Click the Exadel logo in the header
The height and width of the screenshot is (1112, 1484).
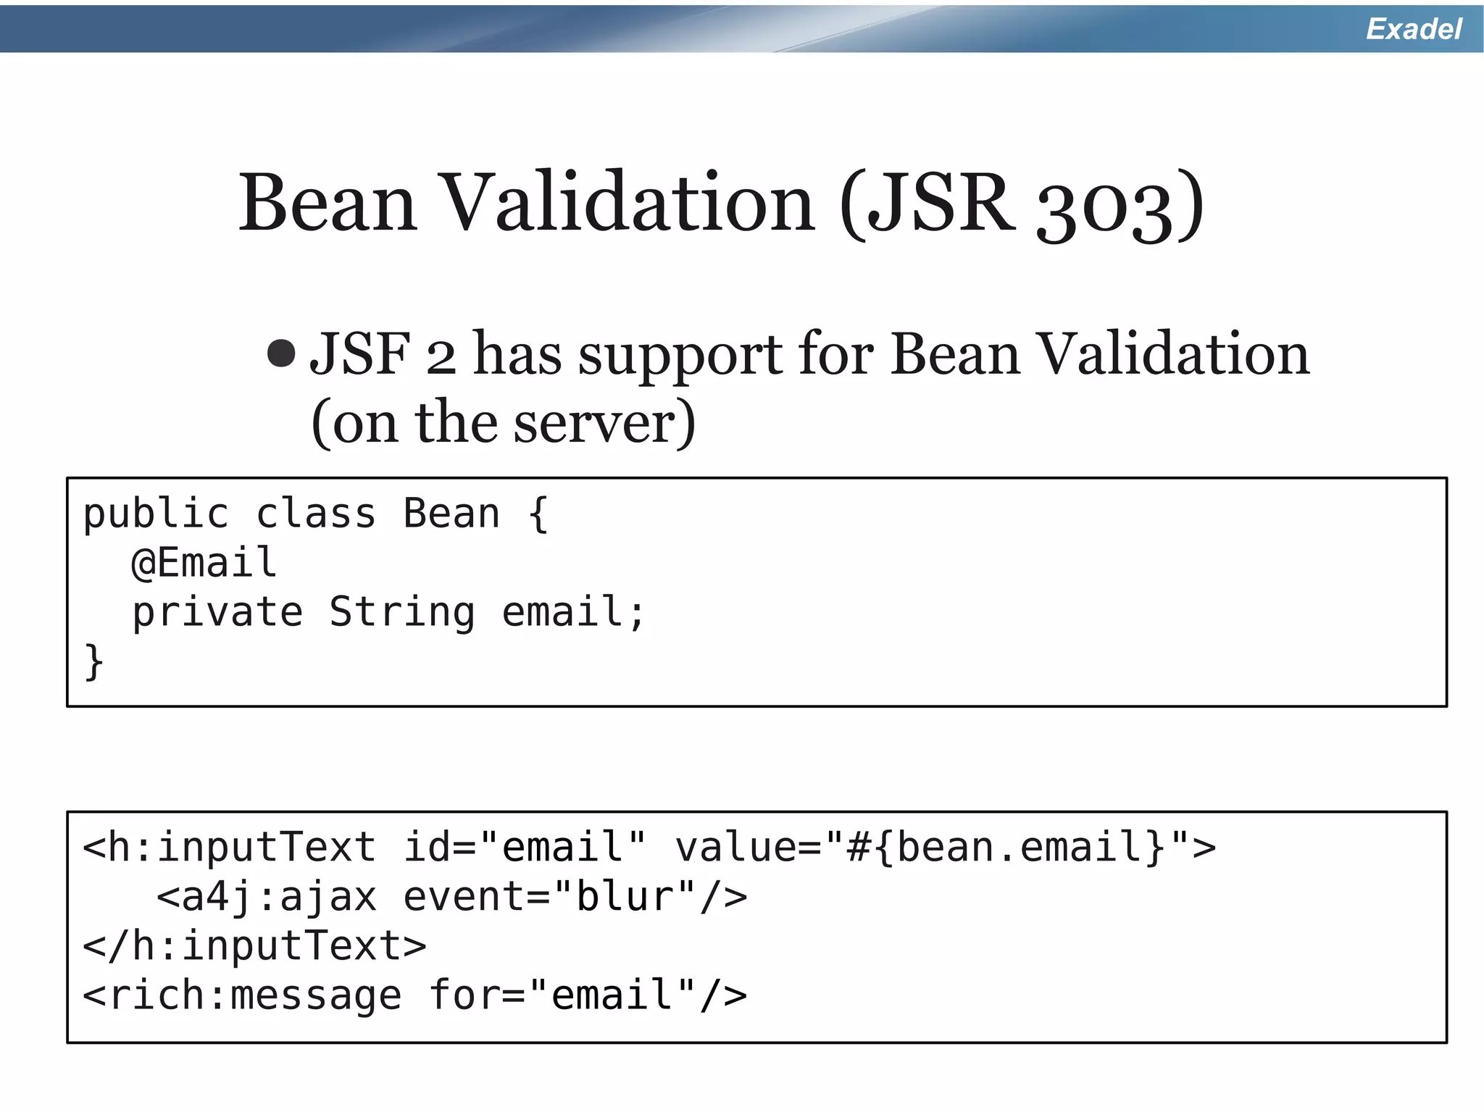pyautogui.click(x=1413, y=29)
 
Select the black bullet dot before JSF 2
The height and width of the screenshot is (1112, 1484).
pyautogui.click(x=281, y=354)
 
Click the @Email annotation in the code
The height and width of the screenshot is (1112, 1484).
pyautogui.click(x=204, y=563)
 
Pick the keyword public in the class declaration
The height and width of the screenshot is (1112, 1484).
pyautogui.click(x=156, y=514)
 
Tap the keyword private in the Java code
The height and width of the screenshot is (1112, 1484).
pyautogui.click(x=217, y=613)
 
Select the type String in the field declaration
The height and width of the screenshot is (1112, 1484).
pyautogui.click(x=402, y=613)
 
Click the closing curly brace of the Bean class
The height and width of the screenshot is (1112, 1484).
pyautogui.click(x=93, y=661)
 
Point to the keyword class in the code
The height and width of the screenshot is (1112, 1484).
pyautogui.click(x=316, y=514)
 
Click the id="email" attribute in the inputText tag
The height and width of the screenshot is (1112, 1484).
pyautogui.click(x=524, y=848)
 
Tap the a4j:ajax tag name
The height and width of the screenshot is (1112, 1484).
pyautogui.click(x=279, y=898)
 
